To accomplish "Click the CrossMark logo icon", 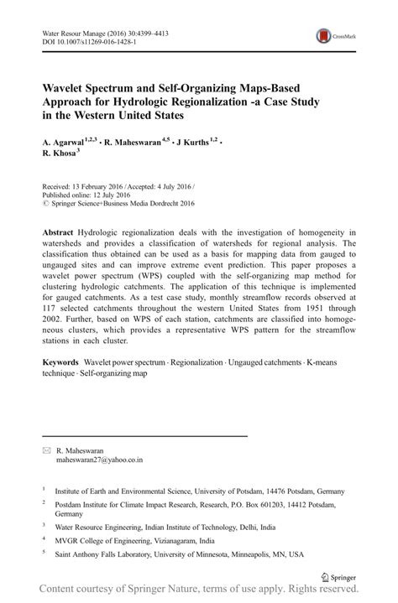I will (x=323, y=37).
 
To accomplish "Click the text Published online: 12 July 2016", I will (x=86, y=194).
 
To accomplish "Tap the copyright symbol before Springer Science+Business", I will (x=45, y=203).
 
